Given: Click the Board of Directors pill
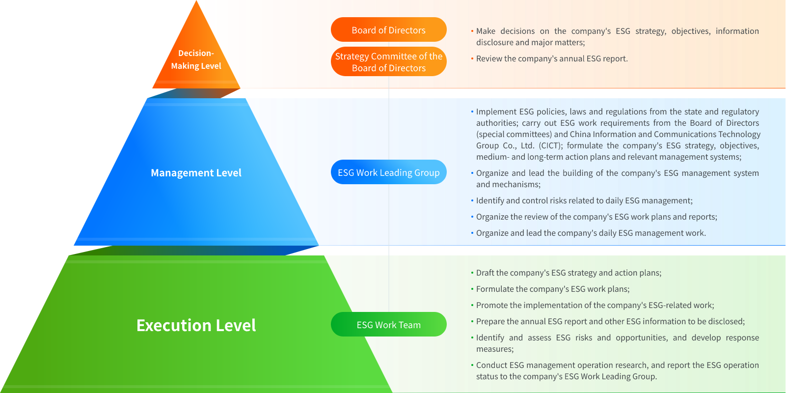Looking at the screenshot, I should [x=388, y=30].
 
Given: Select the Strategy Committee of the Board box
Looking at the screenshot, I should [x=388, y=62].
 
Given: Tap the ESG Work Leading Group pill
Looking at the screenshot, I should [x=388, y=172].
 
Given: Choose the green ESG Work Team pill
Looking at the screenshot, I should [x=388, y=325].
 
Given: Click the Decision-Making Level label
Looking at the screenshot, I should [x=196, y=59].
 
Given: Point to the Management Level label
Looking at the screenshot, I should [x=196, y=173].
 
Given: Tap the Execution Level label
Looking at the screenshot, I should [x=196, y=325].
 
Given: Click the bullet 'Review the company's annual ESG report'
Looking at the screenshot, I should [x=551, y=58].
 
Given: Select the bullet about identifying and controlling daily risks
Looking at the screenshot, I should [x=584, y=200].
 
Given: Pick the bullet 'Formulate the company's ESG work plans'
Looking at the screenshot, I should [x=552, y=289].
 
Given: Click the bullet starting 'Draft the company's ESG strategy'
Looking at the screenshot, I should [x=569, y=273].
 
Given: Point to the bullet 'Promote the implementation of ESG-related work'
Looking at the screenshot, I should [x=595, y=305].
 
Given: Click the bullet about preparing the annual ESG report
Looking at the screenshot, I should [x=610, y=321].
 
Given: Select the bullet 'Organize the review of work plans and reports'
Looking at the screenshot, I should [x=596, y=217].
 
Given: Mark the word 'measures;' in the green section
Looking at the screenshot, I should [x=495, y=349].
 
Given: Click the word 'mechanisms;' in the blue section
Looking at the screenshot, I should [x=508, y=184].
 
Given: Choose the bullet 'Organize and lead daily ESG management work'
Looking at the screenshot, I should [x=591, y=233].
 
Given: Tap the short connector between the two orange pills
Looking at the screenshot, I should [x=389, y=44].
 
